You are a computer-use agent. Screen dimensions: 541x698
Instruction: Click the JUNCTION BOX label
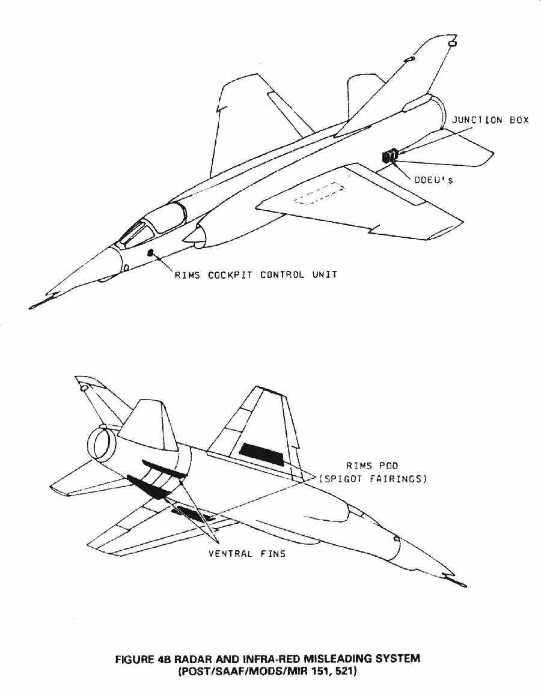coord(491,120)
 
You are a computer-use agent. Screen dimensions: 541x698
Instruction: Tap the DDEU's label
coord(432,180)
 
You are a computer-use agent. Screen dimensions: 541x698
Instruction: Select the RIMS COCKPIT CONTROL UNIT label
coord(255,275)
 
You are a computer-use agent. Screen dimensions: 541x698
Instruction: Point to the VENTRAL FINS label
coord(247,553)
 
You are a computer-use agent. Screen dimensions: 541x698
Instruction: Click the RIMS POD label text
coord(371,466)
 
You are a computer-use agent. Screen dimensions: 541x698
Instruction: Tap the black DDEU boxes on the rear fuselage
coord(390,156)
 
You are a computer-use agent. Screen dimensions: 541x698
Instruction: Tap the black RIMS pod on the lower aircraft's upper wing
coord(261,455)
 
